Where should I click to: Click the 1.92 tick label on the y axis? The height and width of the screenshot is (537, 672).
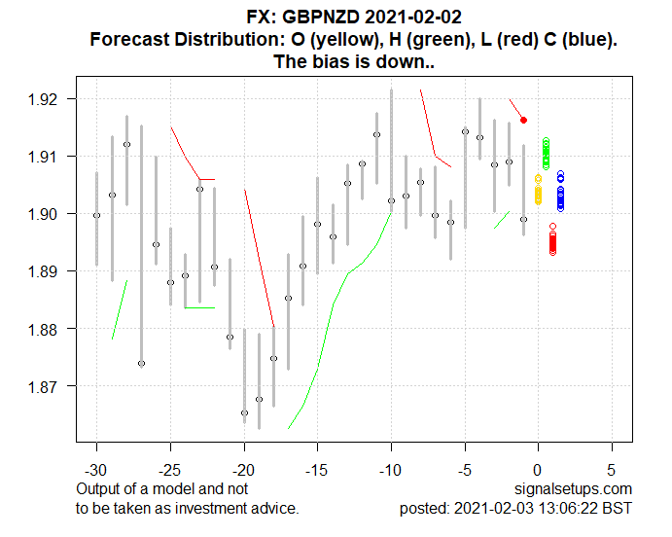(x=50, y=99)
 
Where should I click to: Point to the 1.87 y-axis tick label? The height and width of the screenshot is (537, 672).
(x=50, y=386)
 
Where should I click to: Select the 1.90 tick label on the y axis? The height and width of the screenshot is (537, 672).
(x=50, y=214)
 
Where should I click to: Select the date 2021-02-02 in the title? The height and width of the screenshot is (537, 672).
(x=412, y=18)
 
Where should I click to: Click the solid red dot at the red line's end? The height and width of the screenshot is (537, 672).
(x=523, y=120)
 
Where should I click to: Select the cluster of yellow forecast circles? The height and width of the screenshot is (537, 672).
(x=538, y=189)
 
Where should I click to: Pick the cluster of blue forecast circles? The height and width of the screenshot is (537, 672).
(x=560, y=191)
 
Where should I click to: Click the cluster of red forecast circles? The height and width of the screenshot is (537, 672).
(x=552, y=239)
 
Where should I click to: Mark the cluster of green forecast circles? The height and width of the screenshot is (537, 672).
(x=546, y=154)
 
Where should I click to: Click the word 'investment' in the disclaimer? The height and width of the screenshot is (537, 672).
(x=223, y=508)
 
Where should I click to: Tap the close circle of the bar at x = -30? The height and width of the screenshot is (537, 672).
(x=96, y=215)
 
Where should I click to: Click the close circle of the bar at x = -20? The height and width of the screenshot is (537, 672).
(x=244, y=412)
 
